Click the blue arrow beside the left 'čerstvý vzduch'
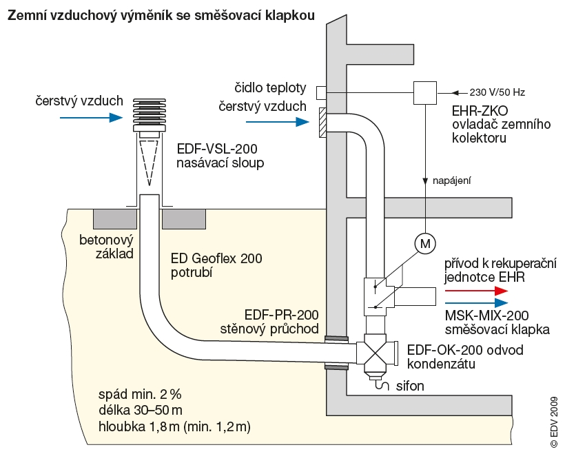click(90, 118)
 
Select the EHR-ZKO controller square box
click(425, 92)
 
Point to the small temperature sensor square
click(321, 92)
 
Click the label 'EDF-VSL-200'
click(211, 149)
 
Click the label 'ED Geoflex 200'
click(216, 259)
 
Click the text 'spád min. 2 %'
click(140, 395)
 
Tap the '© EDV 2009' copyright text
click(553, 423)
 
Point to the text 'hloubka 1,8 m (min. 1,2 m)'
click(174, 427)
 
